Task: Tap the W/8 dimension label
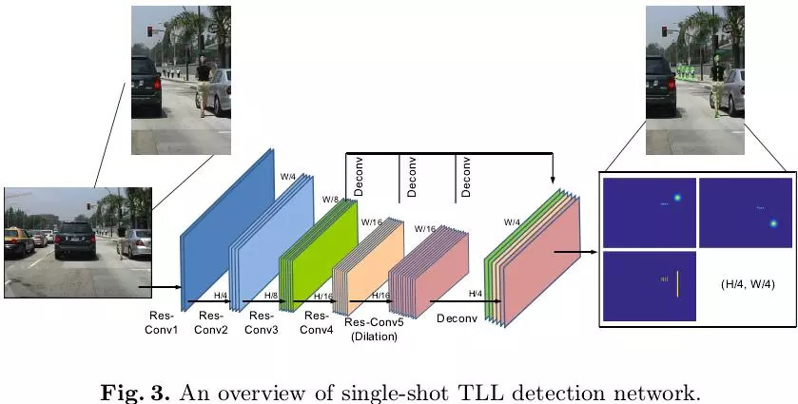click(330, 200)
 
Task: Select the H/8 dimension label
click(271, 297)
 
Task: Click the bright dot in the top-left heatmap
click(677, 198)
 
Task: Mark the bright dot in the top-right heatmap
click(773, 223)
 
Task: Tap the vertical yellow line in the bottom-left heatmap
click(677, 282)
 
